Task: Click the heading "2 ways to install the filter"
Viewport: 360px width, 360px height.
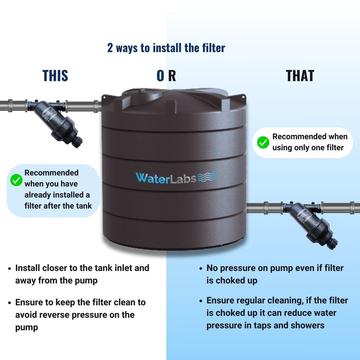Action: pyautogui.click(x=166, y=48)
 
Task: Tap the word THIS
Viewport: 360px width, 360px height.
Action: pyautogui.click(x=55, y=76)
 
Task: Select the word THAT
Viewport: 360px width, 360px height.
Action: pyautogui.click(x=300, y=76)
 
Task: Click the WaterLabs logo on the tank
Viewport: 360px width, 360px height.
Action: pyautogui.click(x=176, y=177)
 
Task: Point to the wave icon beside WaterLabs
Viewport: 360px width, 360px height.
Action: pyautogui.click(x=207, y=176)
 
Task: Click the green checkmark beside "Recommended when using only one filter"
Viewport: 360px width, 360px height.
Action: pyautogui.click(x=263, y=142)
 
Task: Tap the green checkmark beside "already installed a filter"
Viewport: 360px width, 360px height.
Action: pyautogui.click(x=16, y=180)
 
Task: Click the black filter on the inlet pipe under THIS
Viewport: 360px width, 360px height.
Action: pyautogui.click(x=56, y=121)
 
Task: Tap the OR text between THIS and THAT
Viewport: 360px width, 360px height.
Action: pyautogui.click(x=166, y=76)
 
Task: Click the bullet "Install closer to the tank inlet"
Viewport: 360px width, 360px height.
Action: pyautogui.click(x=82, y=274)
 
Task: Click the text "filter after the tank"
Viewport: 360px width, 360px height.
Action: pyautogui.click(x=58, y=206)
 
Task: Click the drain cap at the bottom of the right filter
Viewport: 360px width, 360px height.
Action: pyautogui.click(x=333, y=244)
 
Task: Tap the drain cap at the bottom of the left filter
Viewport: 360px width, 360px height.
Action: pyautogui.click(x=77, y=142)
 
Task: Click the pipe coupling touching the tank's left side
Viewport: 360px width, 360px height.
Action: pyautogui.click(x=96, y=106)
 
